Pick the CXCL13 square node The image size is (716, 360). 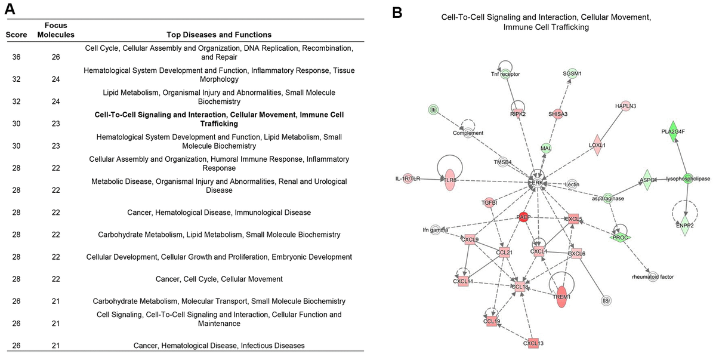point(533,343)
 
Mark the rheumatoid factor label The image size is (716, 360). point(653,277)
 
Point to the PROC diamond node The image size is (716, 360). point(620,237)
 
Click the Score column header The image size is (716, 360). point(16,35)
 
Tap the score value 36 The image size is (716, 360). point(16,57)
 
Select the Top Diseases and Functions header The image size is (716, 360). point(218,35)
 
